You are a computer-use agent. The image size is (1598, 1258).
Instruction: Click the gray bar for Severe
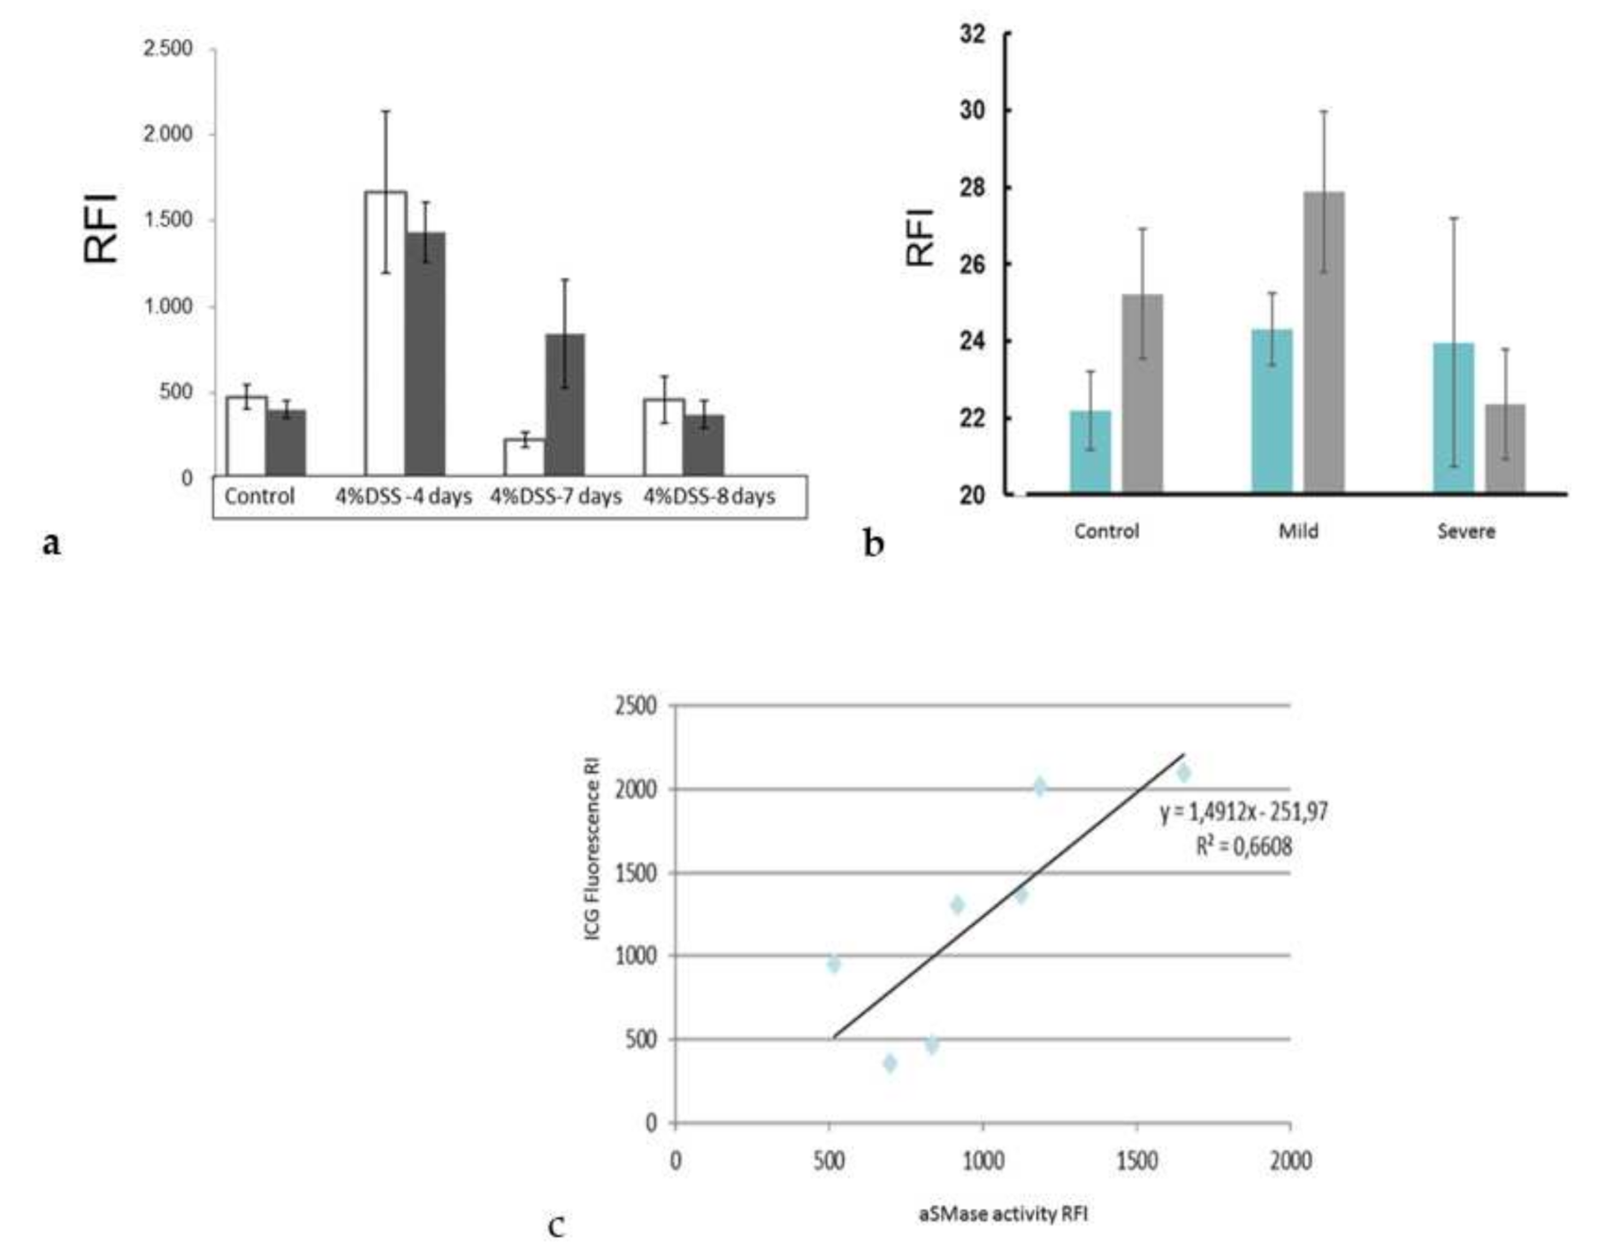tap(1505, 448)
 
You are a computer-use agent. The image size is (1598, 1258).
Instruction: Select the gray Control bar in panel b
tap(1143, 393)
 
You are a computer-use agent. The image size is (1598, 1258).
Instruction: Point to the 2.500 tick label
tap(168, 48)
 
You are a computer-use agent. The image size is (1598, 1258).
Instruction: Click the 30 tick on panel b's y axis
tap(973, 111)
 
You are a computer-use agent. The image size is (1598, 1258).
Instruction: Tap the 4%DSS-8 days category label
tap(709, 496)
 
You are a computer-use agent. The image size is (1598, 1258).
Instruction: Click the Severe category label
tap(1466, 531)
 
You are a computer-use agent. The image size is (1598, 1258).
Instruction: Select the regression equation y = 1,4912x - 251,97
tap(1243, 812)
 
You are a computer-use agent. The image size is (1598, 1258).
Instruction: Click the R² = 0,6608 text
tap(1243, 846)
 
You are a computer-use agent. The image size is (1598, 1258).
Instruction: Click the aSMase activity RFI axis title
tap(1003, 1214)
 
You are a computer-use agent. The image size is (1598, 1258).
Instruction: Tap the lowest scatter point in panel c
tap(890, 1063)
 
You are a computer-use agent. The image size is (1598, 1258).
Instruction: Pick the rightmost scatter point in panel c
tap(1183, 774)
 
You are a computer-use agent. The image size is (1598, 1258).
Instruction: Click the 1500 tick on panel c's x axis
tap(1136, 1160)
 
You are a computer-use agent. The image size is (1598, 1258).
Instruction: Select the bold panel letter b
tap(874, 544)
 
